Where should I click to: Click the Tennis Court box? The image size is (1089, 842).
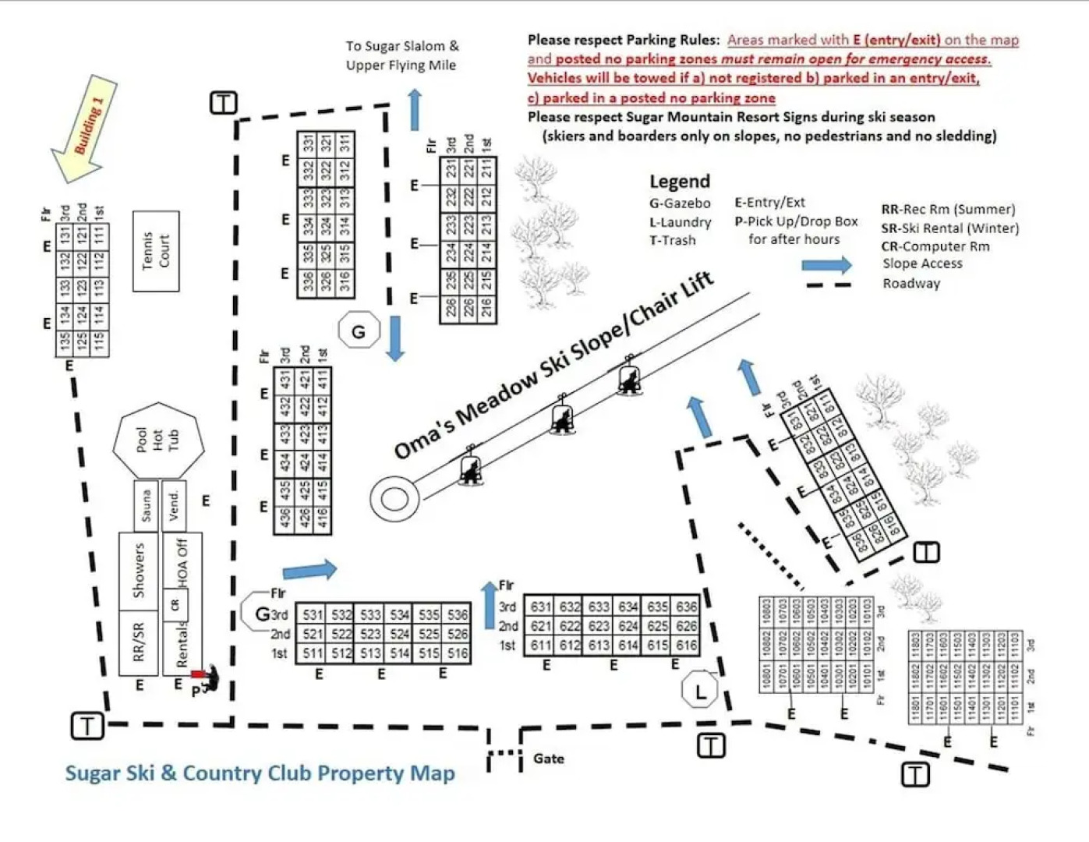[156, 251]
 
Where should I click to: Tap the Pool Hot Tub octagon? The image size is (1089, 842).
[158, 440]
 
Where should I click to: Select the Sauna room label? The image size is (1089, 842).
[145, 505]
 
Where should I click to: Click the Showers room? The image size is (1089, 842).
[139, 571]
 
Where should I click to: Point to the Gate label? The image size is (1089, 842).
[549, 759]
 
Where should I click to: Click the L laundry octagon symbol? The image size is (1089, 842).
[699, 690]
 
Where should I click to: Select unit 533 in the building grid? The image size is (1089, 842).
[370, 615]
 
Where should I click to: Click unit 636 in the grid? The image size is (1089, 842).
[686, 607]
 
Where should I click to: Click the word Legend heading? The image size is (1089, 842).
[680, 182]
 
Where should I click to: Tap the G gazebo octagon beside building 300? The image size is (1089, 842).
[359, 331]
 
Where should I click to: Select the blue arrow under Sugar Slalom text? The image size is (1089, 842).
[415, 110]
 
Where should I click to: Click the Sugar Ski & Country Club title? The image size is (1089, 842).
[260, 773]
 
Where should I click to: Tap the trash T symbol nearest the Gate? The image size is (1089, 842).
[710, 745]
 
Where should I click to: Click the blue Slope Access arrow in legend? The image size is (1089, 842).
[827, 265]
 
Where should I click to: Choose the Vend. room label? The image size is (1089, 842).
[174, 505]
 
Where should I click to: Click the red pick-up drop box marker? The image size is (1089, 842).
[198, 674]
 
